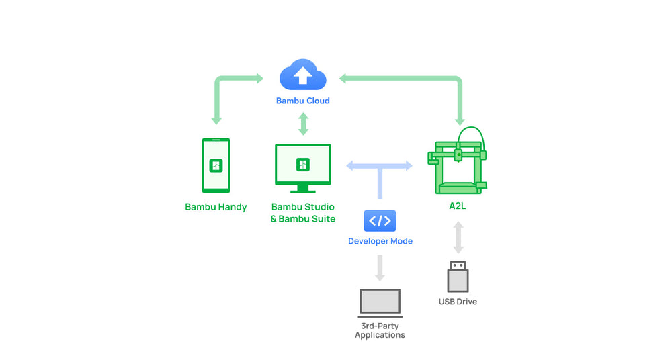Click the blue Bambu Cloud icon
[x=303, y=75]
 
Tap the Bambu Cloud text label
[x=303, y=101]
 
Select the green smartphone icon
[x=216, y=165]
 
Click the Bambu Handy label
[x=216, y=207]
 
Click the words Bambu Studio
[x=303, y=207]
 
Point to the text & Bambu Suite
[x=303, y=218]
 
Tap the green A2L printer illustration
[x=457, y=162]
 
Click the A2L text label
[x=457, y=206]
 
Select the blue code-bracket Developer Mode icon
[x=380, y=221]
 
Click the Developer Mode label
[x=380, y=241]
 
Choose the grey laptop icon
[x=380, y=303]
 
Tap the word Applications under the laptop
[x=380, y=335]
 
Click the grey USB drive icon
[x=458, y=277]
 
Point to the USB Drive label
[x=458, y=302]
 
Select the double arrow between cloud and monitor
[x=304, y=124]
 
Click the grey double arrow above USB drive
[x=458, y=237]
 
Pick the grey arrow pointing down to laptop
[x=380, y=268]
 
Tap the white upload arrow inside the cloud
[x=303, y=75]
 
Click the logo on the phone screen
[x=216, y=165]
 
